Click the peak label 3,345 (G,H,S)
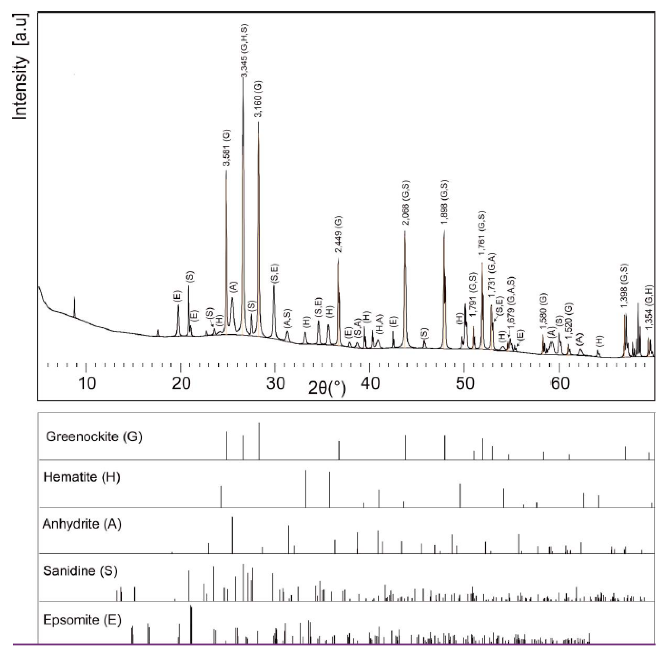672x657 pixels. (x=244, y=51)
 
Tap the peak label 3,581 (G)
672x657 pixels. (x=226, y=148)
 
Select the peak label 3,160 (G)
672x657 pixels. (x=258, y=99)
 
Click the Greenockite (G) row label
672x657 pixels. (x=94, y=437)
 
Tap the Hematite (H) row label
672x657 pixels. (x=82, y=477)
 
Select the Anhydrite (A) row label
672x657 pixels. (x=82, y=524)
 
